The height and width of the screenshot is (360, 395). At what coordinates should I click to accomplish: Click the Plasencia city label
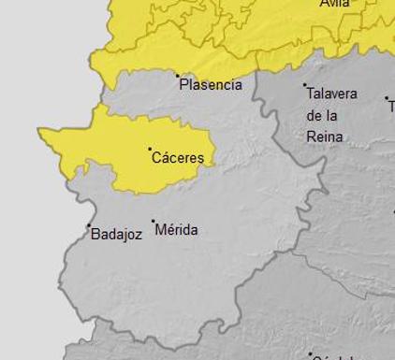tap(211, 85)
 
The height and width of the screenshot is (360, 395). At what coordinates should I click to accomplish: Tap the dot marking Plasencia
tap(178, 76)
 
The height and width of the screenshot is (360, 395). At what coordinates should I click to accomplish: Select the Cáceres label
tap(178, 158)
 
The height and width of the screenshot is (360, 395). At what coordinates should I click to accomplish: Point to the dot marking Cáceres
tap(150, 149)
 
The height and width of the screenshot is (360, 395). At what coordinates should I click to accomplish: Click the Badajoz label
tap(116, 235)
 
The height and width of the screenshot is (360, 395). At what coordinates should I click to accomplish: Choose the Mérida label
tap(176, 229)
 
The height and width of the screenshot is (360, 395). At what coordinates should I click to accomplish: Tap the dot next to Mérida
tap(154, 222)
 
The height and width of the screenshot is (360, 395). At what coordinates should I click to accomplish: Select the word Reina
tap(325, 137)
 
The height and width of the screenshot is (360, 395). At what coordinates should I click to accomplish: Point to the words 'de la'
tap(322, 116)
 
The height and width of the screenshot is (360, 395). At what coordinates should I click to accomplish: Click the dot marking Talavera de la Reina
tap(305, 86)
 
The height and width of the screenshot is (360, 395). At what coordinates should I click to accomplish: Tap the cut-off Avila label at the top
tap(334, 4)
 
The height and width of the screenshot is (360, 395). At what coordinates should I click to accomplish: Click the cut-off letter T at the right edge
tap(391, 107)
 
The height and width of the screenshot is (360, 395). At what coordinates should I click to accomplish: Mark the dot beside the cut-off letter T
tap(387, 97)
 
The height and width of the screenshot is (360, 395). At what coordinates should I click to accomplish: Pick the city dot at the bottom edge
tap(311, 354)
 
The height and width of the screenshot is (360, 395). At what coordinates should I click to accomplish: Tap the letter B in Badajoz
tap(95, 235)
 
